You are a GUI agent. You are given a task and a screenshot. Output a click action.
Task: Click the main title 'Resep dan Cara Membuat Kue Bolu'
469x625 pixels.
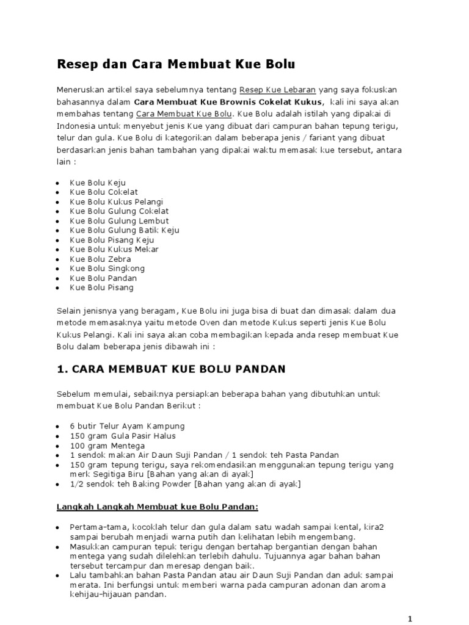pos(176,63)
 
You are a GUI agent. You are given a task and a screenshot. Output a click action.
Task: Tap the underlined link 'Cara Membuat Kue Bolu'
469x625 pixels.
pos(184,114)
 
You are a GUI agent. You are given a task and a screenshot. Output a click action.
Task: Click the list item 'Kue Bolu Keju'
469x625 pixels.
pos(98,182)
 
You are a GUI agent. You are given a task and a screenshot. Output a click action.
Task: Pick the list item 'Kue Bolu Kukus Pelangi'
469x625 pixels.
pos(116,201)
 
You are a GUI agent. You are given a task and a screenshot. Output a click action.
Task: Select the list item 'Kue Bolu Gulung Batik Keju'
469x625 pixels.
pos(124,230)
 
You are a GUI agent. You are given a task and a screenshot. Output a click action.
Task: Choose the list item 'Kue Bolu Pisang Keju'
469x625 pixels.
pos(112,240)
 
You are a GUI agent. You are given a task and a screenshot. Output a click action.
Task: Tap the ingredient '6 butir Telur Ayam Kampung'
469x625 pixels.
pos(126,425)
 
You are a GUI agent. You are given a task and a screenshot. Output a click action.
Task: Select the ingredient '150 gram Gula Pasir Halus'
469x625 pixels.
pos(122,436)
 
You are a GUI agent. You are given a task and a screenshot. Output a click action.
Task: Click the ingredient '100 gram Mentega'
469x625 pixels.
pos(103,446)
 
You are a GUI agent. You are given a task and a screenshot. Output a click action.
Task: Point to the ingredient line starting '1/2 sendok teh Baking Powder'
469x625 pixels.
pos(185,484)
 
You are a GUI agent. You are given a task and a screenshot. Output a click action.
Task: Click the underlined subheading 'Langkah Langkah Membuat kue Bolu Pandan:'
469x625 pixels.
pos(158,507)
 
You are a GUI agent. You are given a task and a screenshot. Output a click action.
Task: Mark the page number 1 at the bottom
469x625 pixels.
pos(410,618)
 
